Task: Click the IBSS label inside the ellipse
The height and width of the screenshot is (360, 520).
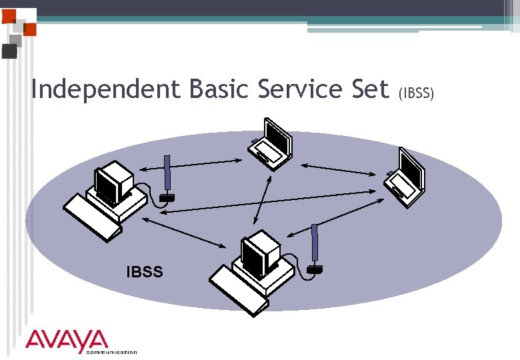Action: [145, 271]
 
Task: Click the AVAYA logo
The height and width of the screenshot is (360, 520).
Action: [67, 340]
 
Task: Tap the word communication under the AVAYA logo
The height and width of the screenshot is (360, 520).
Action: [111, 352]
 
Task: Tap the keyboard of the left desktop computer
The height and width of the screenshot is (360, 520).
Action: [93, 216]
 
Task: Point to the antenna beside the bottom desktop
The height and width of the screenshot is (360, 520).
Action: [315, 247]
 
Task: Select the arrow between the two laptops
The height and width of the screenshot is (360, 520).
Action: [337, 169]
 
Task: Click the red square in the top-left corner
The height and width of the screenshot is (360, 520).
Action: [29, 30]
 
